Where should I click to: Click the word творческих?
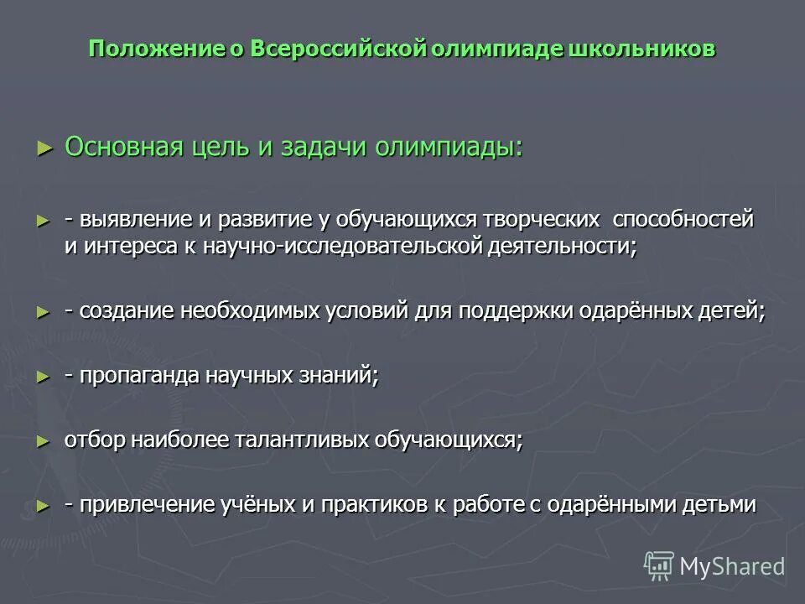click(542, 220)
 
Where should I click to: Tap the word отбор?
click(91, 440)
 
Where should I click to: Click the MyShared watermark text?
click(732, 566)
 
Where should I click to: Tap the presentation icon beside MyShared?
click(659, 566)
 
